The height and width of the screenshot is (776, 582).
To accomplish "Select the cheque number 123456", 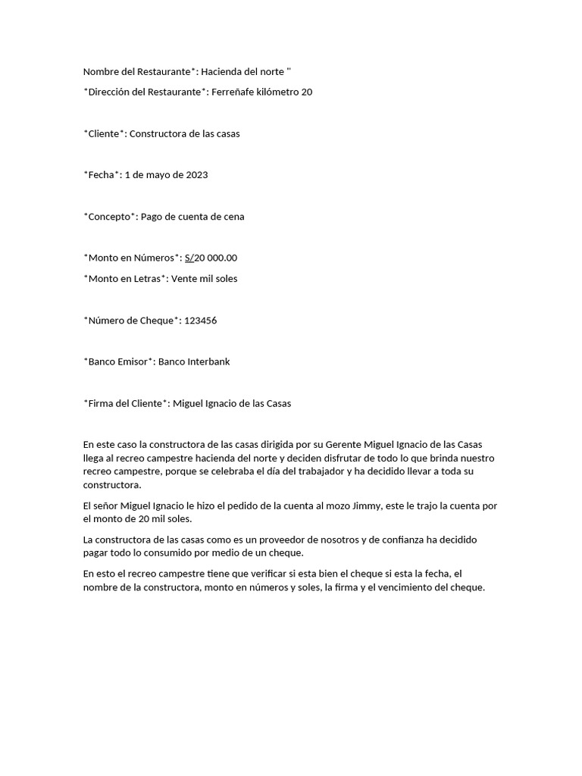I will tap(201, 321).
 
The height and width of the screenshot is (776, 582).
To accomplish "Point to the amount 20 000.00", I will tap(216, 258).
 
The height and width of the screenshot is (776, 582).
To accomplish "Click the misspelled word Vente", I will tap(184, 279).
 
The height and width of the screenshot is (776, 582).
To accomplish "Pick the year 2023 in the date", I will tap(197, 175).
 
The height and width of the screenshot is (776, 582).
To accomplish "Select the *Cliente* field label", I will tap(104, 134).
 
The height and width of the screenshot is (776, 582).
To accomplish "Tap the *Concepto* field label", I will tap(111, 217).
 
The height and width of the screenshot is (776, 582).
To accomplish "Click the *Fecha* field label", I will tap(102, 175).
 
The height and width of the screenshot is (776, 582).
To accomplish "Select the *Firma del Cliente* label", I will tap(126, 403).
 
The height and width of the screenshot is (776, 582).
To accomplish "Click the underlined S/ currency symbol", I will tap(189, 258).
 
